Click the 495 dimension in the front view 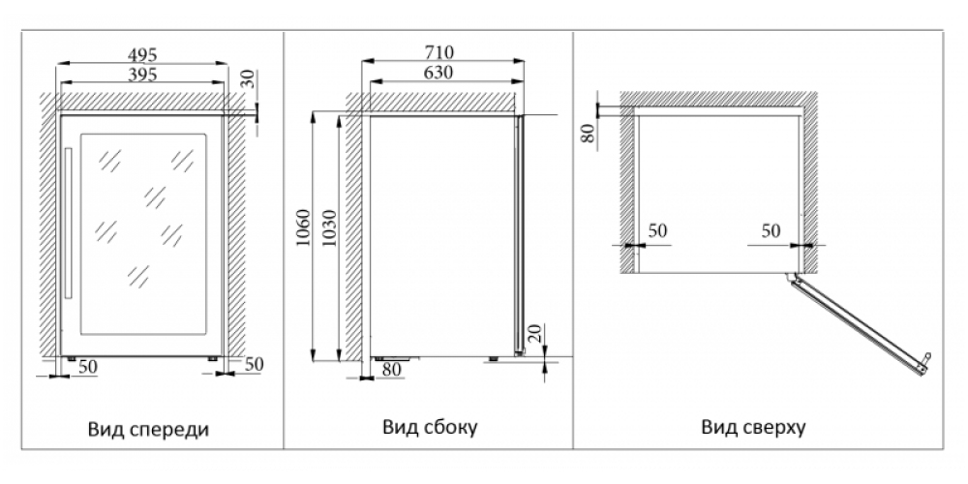tap(141, 54)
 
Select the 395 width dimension tap(141, 74)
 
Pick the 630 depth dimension tap(439, 73)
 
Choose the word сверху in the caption tap(770, 427)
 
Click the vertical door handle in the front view tap(68, 224)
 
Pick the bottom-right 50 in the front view tap(253, 364)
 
